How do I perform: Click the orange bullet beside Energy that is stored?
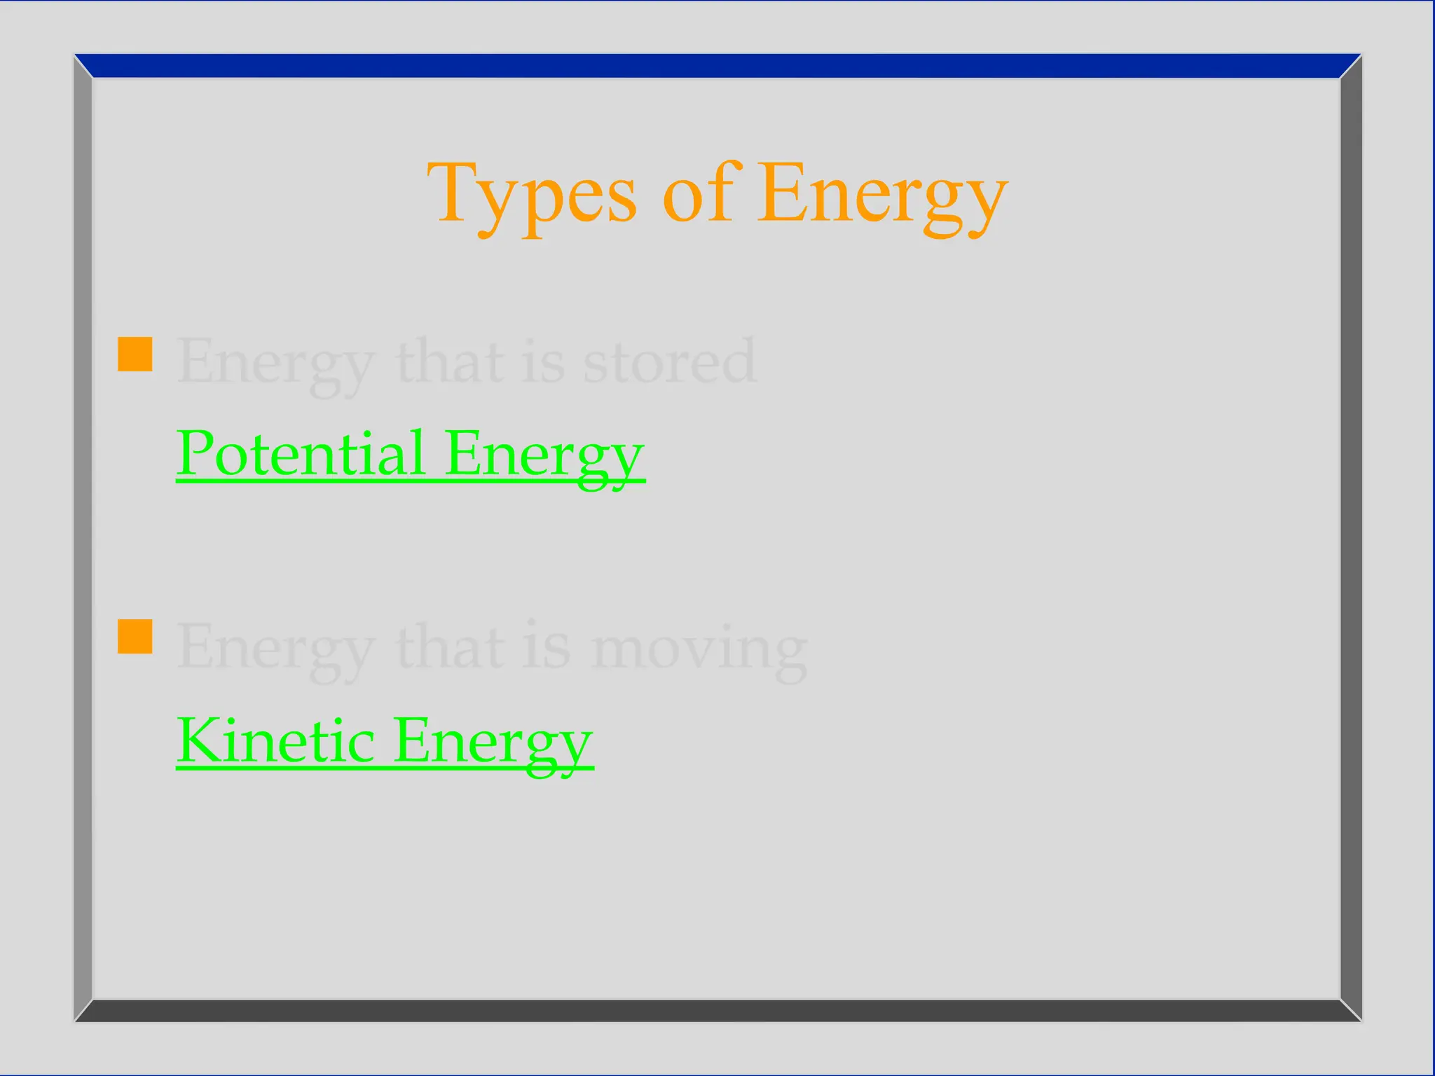pos(135,354)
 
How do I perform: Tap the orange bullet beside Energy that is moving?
pos(135,637)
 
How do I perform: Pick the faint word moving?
pos(699,649)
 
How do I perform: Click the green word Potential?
pos(301,453)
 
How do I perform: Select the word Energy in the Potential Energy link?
pos(544,455)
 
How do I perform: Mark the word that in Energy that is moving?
pos(451,647)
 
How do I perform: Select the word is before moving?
pos(546,647)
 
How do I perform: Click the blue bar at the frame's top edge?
pos(717,66)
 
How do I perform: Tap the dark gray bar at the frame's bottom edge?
pos(717,1010)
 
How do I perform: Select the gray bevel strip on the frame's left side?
pos(83,538)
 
